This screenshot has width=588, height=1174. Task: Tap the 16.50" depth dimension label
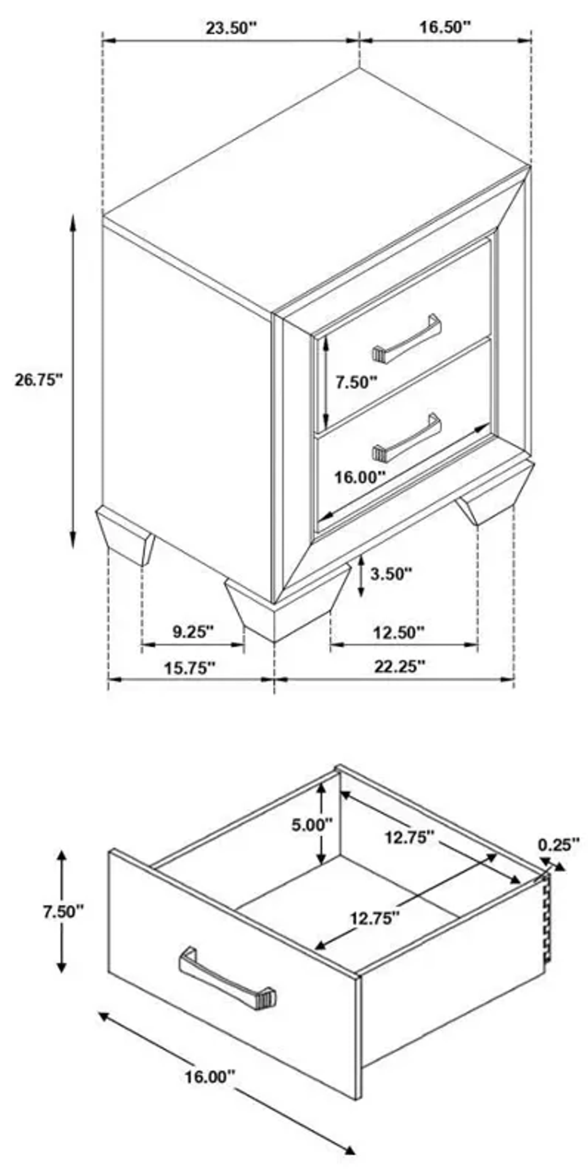[x=444, y=27]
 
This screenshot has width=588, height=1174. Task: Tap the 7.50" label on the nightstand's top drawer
[x=356, y=382]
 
